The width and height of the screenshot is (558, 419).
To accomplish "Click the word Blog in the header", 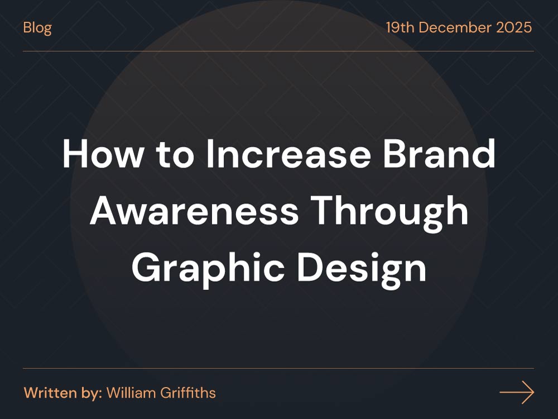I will (x=37, y=27).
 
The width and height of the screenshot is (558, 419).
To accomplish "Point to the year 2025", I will (x=514, y=27).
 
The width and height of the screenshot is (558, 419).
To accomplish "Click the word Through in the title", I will (x=389, y=212).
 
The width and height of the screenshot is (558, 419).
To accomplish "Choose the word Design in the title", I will (x=362, y=269).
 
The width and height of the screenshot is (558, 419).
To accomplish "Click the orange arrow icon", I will (x=517, y=393).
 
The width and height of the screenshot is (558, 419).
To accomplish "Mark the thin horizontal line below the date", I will (x=278, y=51).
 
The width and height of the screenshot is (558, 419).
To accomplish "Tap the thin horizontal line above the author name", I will (x=278, y=369).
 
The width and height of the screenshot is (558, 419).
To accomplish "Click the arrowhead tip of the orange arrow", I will (x=533, y=393).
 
